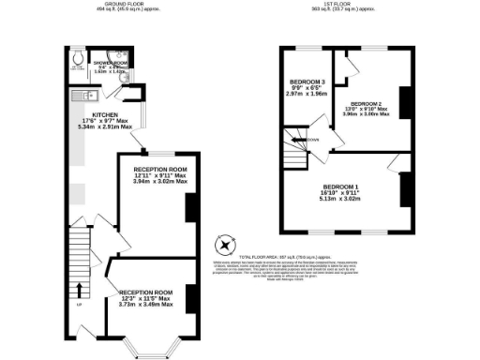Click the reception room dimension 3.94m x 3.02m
[x=154, y=182]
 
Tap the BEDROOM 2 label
[x=367, y=104]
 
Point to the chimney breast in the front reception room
[x=190, y=299]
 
